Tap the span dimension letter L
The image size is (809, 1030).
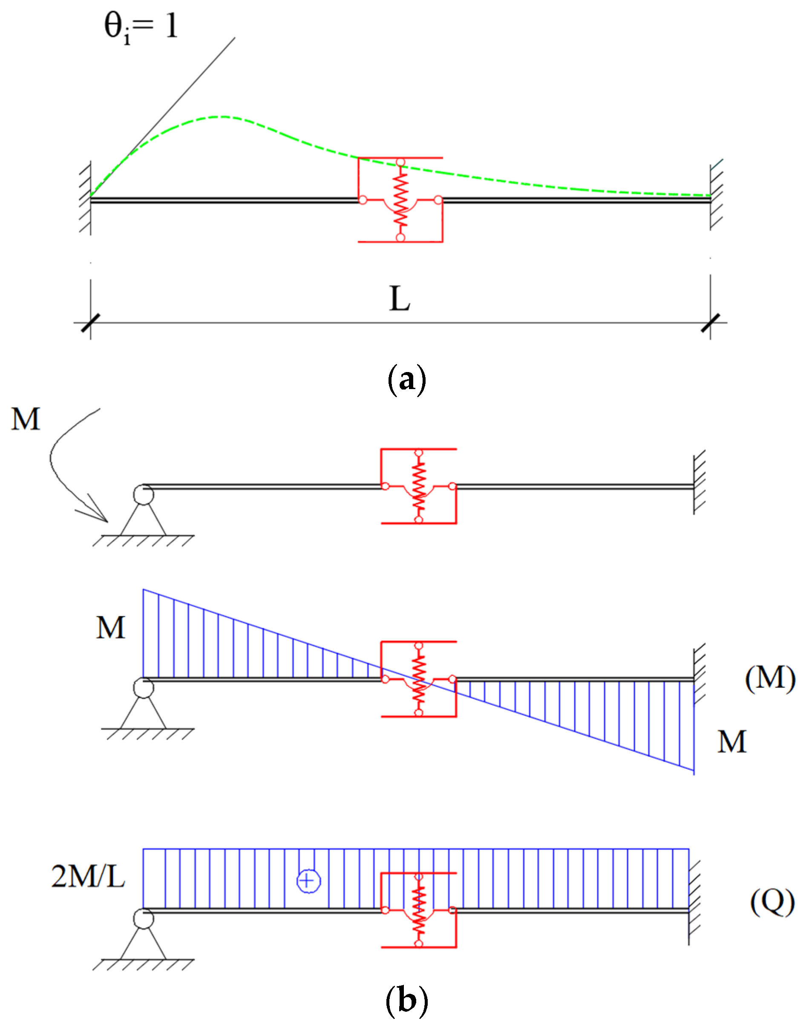pos(399,298)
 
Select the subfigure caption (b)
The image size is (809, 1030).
pos(406,1000)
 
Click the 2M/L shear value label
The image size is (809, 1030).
pos(88,876)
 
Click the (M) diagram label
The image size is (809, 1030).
pos(770,678)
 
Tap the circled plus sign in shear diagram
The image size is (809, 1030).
pos(308,880)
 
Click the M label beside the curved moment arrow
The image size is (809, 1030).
pos(26,419)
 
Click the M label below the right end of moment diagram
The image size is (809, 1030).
pos(732,741)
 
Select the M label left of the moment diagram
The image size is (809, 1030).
pos(111,628)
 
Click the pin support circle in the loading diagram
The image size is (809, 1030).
pos(143,495)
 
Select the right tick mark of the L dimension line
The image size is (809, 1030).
pos(710,323)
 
